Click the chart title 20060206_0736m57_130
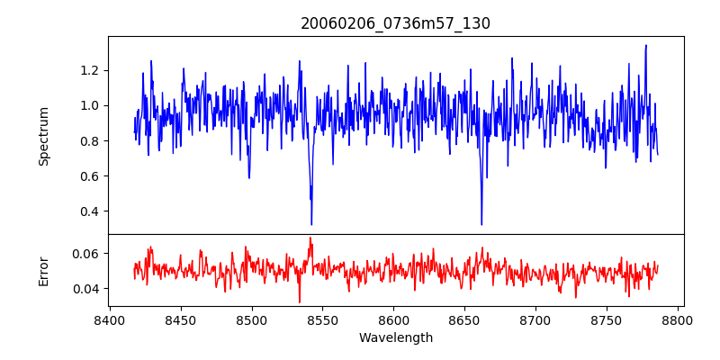tap(395, 23)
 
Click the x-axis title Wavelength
tap(395, 338)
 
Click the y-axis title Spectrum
tap(43, 135)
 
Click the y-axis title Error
tap(43, 270)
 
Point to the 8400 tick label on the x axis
tap(109, 319)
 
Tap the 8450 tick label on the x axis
tap(180, 319)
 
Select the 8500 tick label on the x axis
tap(251, 319)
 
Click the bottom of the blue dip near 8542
tap(311, 224)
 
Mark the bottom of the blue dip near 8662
tap(481, 224)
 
